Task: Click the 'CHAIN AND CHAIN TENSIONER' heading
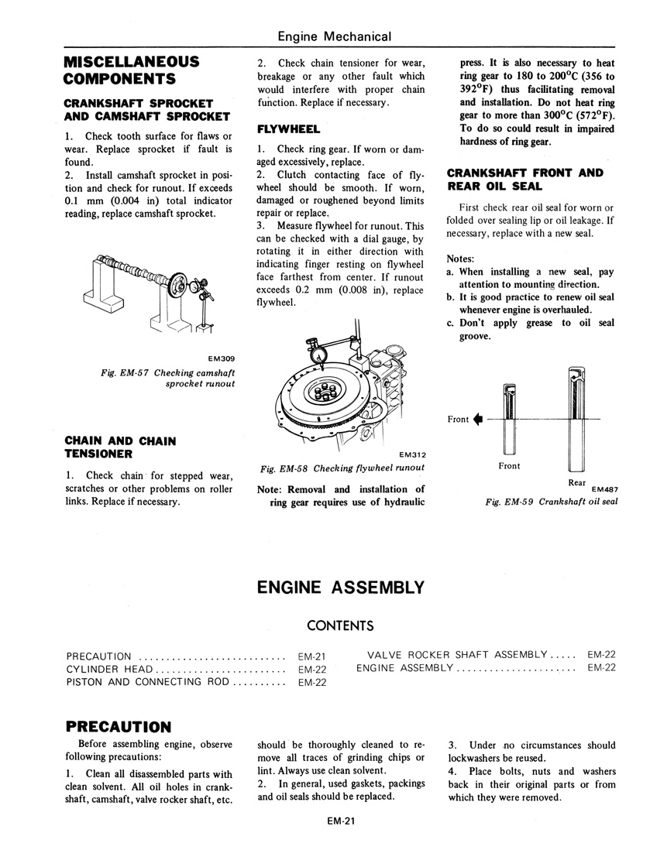click(120, 447)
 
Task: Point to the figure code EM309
click(221, 358)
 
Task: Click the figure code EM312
click(411, 455)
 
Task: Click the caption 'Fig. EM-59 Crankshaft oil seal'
click(551, 502)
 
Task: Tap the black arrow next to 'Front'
click(478, 420)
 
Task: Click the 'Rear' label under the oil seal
click(576, 482)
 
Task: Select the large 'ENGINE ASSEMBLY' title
click(340, 588)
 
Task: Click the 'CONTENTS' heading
click(340, 626)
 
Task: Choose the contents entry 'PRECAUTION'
click(99, 656)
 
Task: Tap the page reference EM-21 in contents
click(311, 656)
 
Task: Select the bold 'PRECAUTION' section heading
click(118, 726)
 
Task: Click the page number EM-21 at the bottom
click(340, 823)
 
